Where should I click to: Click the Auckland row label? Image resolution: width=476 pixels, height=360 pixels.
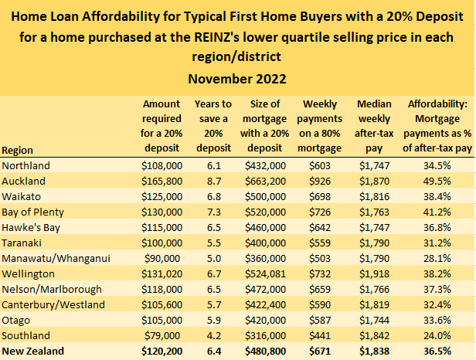25,181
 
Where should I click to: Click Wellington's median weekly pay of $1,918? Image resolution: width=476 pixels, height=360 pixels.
376,273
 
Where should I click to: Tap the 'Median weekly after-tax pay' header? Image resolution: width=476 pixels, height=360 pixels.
376,125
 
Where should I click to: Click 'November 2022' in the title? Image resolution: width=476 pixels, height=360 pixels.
238,79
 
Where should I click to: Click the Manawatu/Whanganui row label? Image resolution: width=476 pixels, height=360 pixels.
52,258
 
